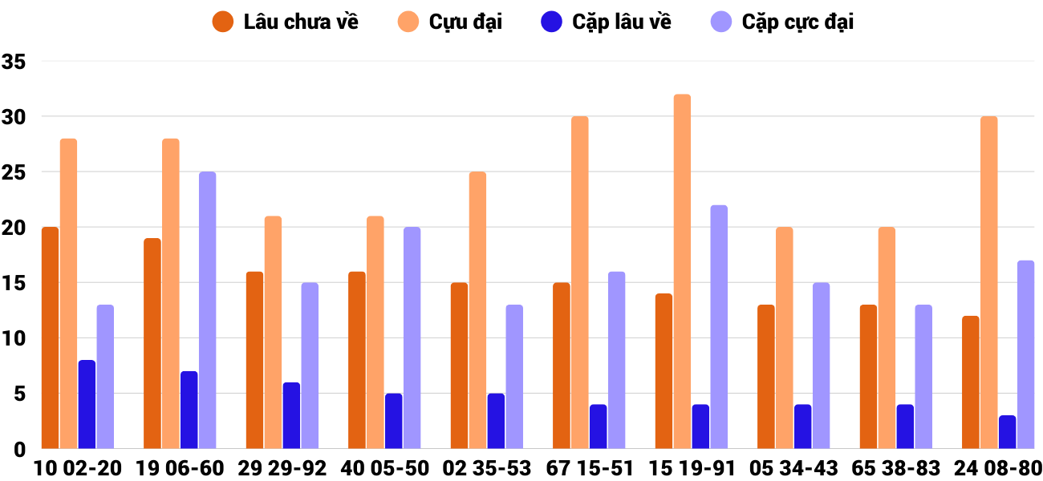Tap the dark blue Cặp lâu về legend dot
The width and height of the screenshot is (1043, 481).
(x=551, y=22)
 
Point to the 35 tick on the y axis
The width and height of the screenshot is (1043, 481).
(x=14, y=62)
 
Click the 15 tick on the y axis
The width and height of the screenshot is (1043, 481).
(x=14, y=283)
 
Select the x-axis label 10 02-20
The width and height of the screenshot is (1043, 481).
(x=77, y=468)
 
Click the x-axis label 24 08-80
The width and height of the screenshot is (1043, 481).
(x=998, y=468)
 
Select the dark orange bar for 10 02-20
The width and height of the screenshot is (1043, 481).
(x=50, y=338)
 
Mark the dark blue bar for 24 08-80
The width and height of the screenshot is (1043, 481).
(x=1007, y=432)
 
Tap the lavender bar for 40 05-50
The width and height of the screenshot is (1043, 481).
(x=412, y=338)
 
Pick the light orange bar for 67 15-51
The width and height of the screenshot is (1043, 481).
(x=579, y=282)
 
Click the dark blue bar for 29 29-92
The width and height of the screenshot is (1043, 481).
(x=291, y=415)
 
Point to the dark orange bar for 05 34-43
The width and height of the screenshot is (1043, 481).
(x=765, y=376)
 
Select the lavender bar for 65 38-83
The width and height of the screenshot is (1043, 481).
(x=923, y=376)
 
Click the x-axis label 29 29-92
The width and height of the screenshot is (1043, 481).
(x=282, y=468)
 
